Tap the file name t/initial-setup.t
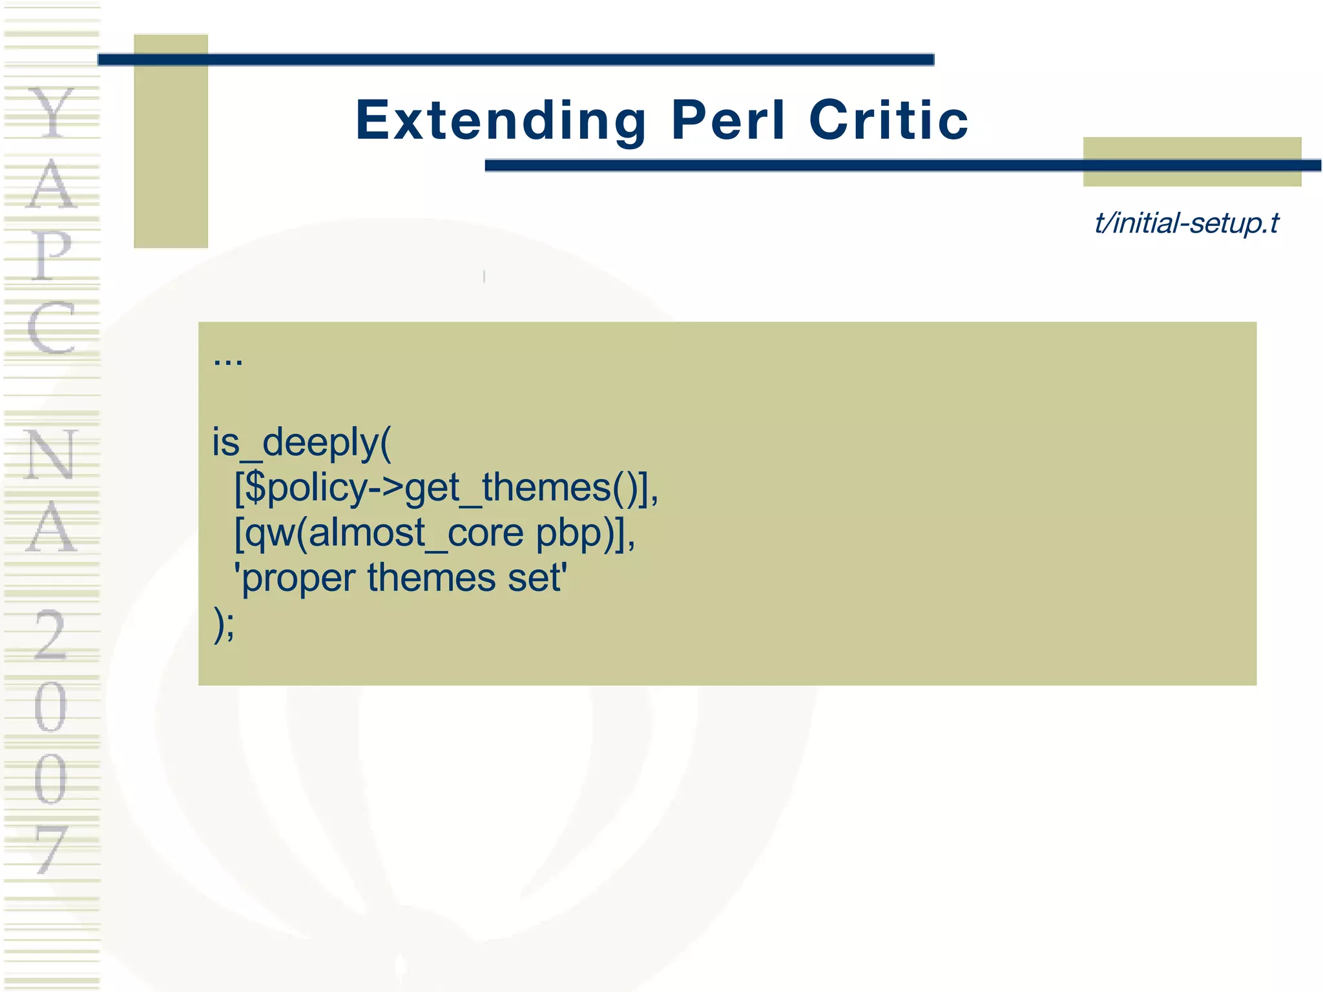1186,223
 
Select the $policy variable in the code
306,488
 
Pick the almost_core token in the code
415,533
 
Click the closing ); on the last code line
224,624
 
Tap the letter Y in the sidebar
52,113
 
